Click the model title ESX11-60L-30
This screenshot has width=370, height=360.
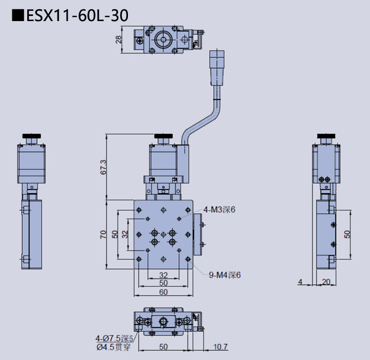77,16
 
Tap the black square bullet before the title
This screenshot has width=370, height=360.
18,16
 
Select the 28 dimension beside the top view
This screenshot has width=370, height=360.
119,39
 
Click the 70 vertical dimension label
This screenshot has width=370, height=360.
103,234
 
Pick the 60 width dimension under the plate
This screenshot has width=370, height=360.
163,292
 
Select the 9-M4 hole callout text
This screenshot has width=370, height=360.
225,275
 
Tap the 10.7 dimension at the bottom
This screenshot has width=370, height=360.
220,347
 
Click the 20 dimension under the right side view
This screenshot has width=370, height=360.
325,281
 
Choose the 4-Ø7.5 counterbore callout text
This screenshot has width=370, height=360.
114,338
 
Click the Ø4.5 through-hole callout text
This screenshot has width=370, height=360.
114,347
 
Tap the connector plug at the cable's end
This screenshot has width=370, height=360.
216,67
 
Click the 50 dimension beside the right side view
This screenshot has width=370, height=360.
347,234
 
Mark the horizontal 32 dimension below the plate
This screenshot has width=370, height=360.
163,275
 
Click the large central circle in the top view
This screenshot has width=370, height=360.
164,39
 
